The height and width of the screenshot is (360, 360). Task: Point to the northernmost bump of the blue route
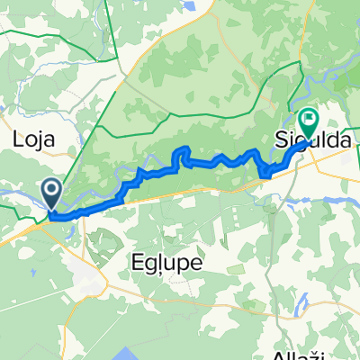coord(184,147)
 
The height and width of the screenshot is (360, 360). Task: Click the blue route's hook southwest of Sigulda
coord(264,171)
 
